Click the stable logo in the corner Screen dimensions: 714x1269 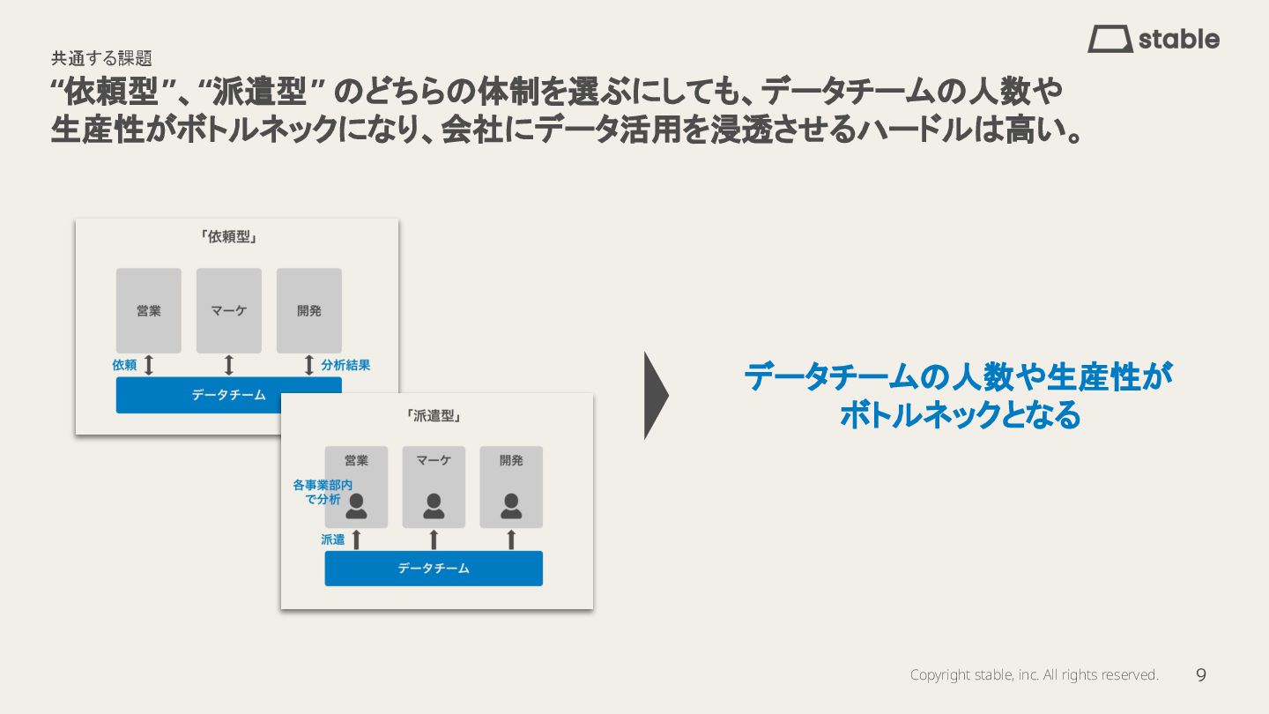point(1153,40)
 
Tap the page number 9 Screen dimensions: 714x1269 point(1201,675)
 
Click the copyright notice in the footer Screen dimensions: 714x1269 point(1034,675)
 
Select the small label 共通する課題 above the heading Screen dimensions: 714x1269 point(101,58)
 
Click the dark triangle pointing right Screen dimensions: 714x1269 point(656,396)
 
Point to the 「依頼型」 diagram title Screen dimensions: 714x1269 point(228,237)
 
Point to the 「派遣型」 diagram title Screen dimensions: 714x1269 point(434,415)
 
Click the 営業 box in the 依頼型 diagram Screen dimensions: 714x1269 point(149,310)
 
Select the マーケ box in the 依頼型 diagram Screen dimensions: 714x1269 point(229,310)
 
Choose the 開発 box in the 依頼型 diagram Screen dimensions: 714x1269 point(309,310)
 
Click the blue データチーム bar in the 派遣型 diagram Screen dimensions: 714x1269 point(434,569)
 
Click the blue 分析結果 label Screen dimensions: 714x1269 point(345,365)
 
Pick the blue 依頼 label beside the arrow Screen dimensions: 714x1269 point(124,365)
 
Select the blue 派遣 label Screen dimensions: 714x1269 point(333,539)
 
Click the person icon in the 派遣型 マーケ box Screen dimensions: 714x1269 point(434,506)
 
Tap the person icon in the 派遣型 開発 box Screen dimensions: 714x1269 point(511,506)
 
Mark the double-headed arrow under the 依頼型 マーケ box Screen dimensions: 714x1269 point(229,365)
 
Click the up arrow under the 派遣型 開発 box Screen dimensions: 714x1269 point(511,539)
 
